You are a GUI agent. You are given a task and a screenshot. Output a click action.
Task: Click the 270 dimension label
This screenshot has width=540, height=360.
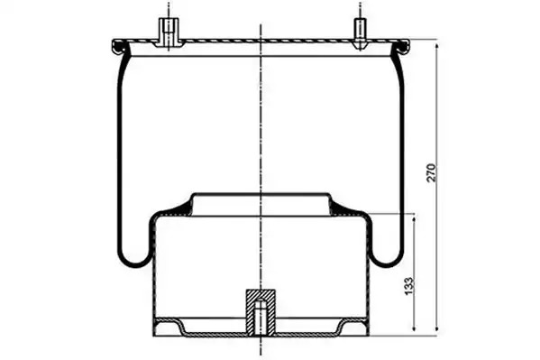point(432,173)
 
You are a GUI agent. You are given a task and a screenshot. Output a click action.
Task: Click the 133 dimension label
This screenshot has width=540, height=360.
point(408,286)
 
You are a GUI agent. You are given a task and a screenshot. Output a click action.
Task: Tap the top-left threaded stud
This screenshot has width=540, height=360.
point(169,32)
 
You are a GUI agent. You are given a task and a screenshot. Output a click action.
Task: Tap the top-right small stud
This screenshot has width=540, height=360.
point(361,32)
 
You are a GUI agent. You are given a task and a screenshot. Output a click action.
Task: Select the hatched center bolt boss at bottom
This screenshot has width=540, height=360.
point(261,312)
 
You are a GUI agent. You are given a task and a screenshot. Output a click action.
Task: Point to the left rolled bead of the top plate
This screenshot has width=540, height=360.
point(118,47)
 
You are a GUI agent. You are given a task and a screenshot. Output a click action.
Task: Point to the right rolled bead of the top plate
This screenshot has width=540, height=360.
point(404,47)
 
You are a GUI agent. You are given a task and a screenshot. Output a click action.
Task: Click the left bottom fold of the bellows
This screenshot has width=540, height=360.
point(134,257)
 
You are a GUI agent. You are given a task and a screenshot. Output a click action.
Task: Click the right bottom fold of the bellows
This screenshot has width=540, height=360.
point(387,257)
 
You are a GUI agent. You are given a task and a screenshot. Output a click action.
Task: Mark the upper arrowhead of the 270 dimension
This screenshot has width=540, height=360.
point(437,48)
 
